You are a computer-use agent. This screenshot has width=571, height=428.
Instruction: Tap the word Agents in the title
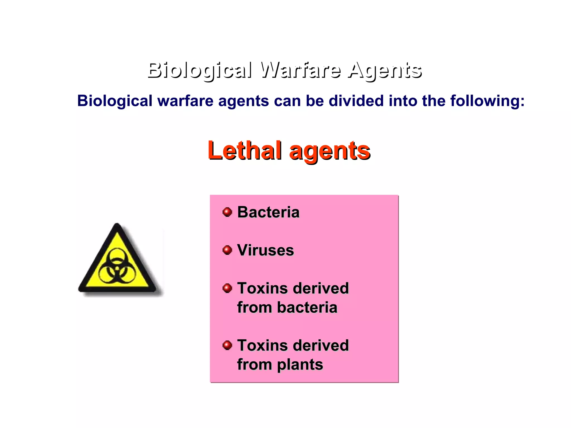coord(385,70)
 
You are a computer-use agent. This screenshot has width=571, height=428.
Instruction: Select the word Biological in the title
coord(200,70)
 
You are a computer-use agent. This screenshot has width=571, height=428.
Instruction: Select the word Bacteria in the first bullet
coord(268,212)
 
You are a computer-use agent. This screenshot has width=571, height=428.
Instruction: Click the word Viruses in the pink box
coord(265,250)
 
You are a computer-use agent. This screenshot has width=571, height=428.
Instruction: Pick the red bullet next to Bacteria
coord(227,212)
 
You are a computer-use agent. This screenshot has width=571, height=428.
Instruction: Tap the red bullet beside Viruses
coord(227,250)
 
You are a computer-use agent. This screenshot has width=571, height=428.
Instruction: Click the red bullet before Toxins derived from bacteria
coord(227,288)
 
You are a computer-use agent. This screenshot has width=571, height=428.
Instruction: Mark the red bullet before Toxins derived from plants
coord(227,345)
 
